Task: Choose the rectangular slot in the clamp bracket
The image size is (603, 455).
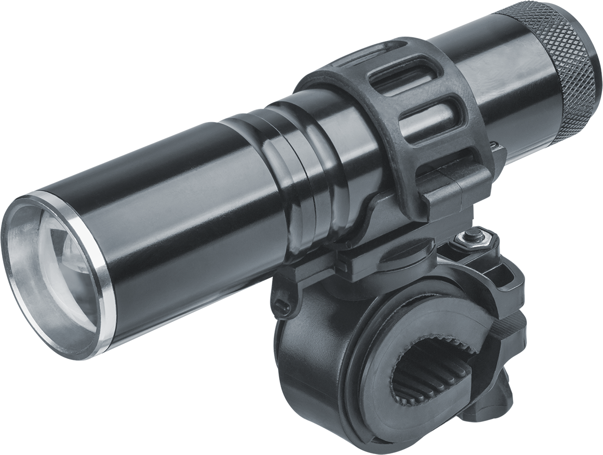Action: pyautogui.click(x=508, y=274)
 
